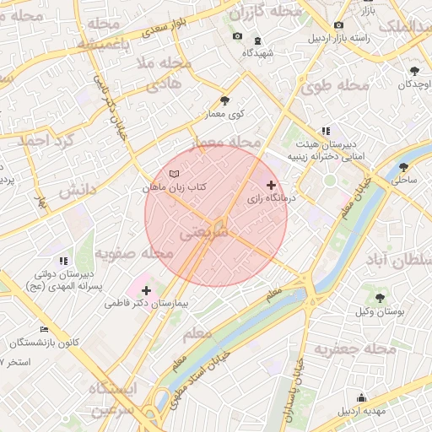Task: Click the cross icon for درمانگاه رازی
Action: pos(270,184)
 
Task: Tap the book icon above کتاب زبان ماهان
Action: pos(175,173)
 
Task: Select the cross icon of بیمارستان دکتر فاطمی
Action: pos(147,290)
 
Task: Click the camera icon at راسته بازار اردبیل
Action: pos(338,25)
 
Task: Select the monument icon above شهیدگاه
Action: pos(256,40)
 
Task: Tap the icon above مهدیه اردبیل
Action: pos(362,398)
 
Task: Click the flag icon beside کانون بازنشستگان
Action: pos(45,330)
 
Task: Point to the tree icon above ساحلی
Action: pos(403,167)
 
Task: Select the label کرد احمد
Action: pos(47,142)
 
